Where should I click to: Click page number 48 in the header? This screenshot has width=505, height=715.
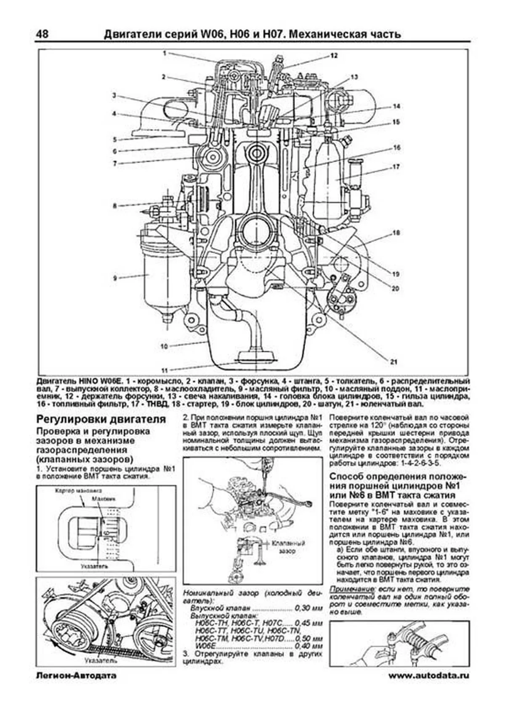coord(42,34)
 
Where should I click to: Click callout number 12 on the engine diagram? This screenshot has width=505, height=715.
coord(334,55)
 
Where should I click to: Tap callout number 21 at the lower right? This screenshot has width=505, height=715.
coord(393,362)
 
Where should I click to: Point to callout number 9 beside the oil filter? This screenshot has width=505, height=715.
coord(114,278)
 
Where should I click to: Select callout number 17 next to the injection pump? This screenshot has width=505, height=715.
coord(396,167)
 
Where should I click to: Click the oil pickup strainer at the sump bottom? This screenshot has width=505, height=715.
coord(256,356)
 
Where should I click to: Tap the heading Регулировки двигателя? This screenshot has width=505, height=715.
coord(101,419)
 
